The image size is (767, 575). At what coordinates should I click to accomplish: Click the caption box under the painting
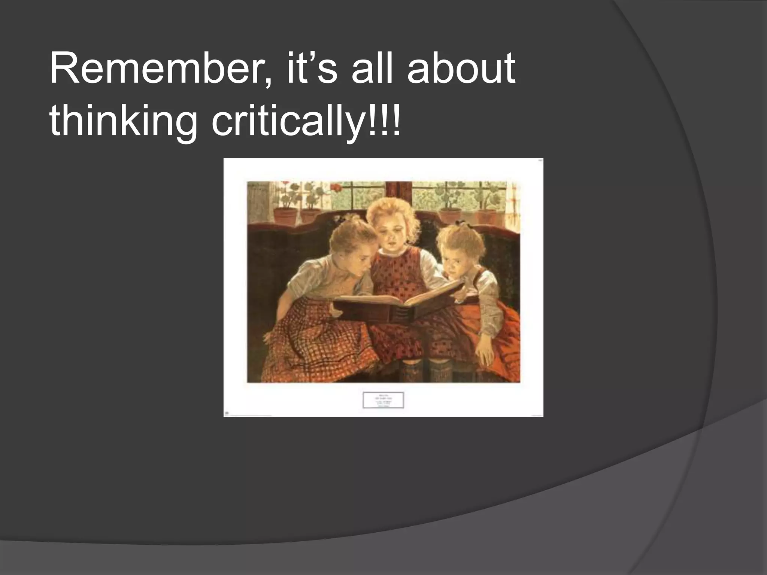(x=383, y=400)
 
